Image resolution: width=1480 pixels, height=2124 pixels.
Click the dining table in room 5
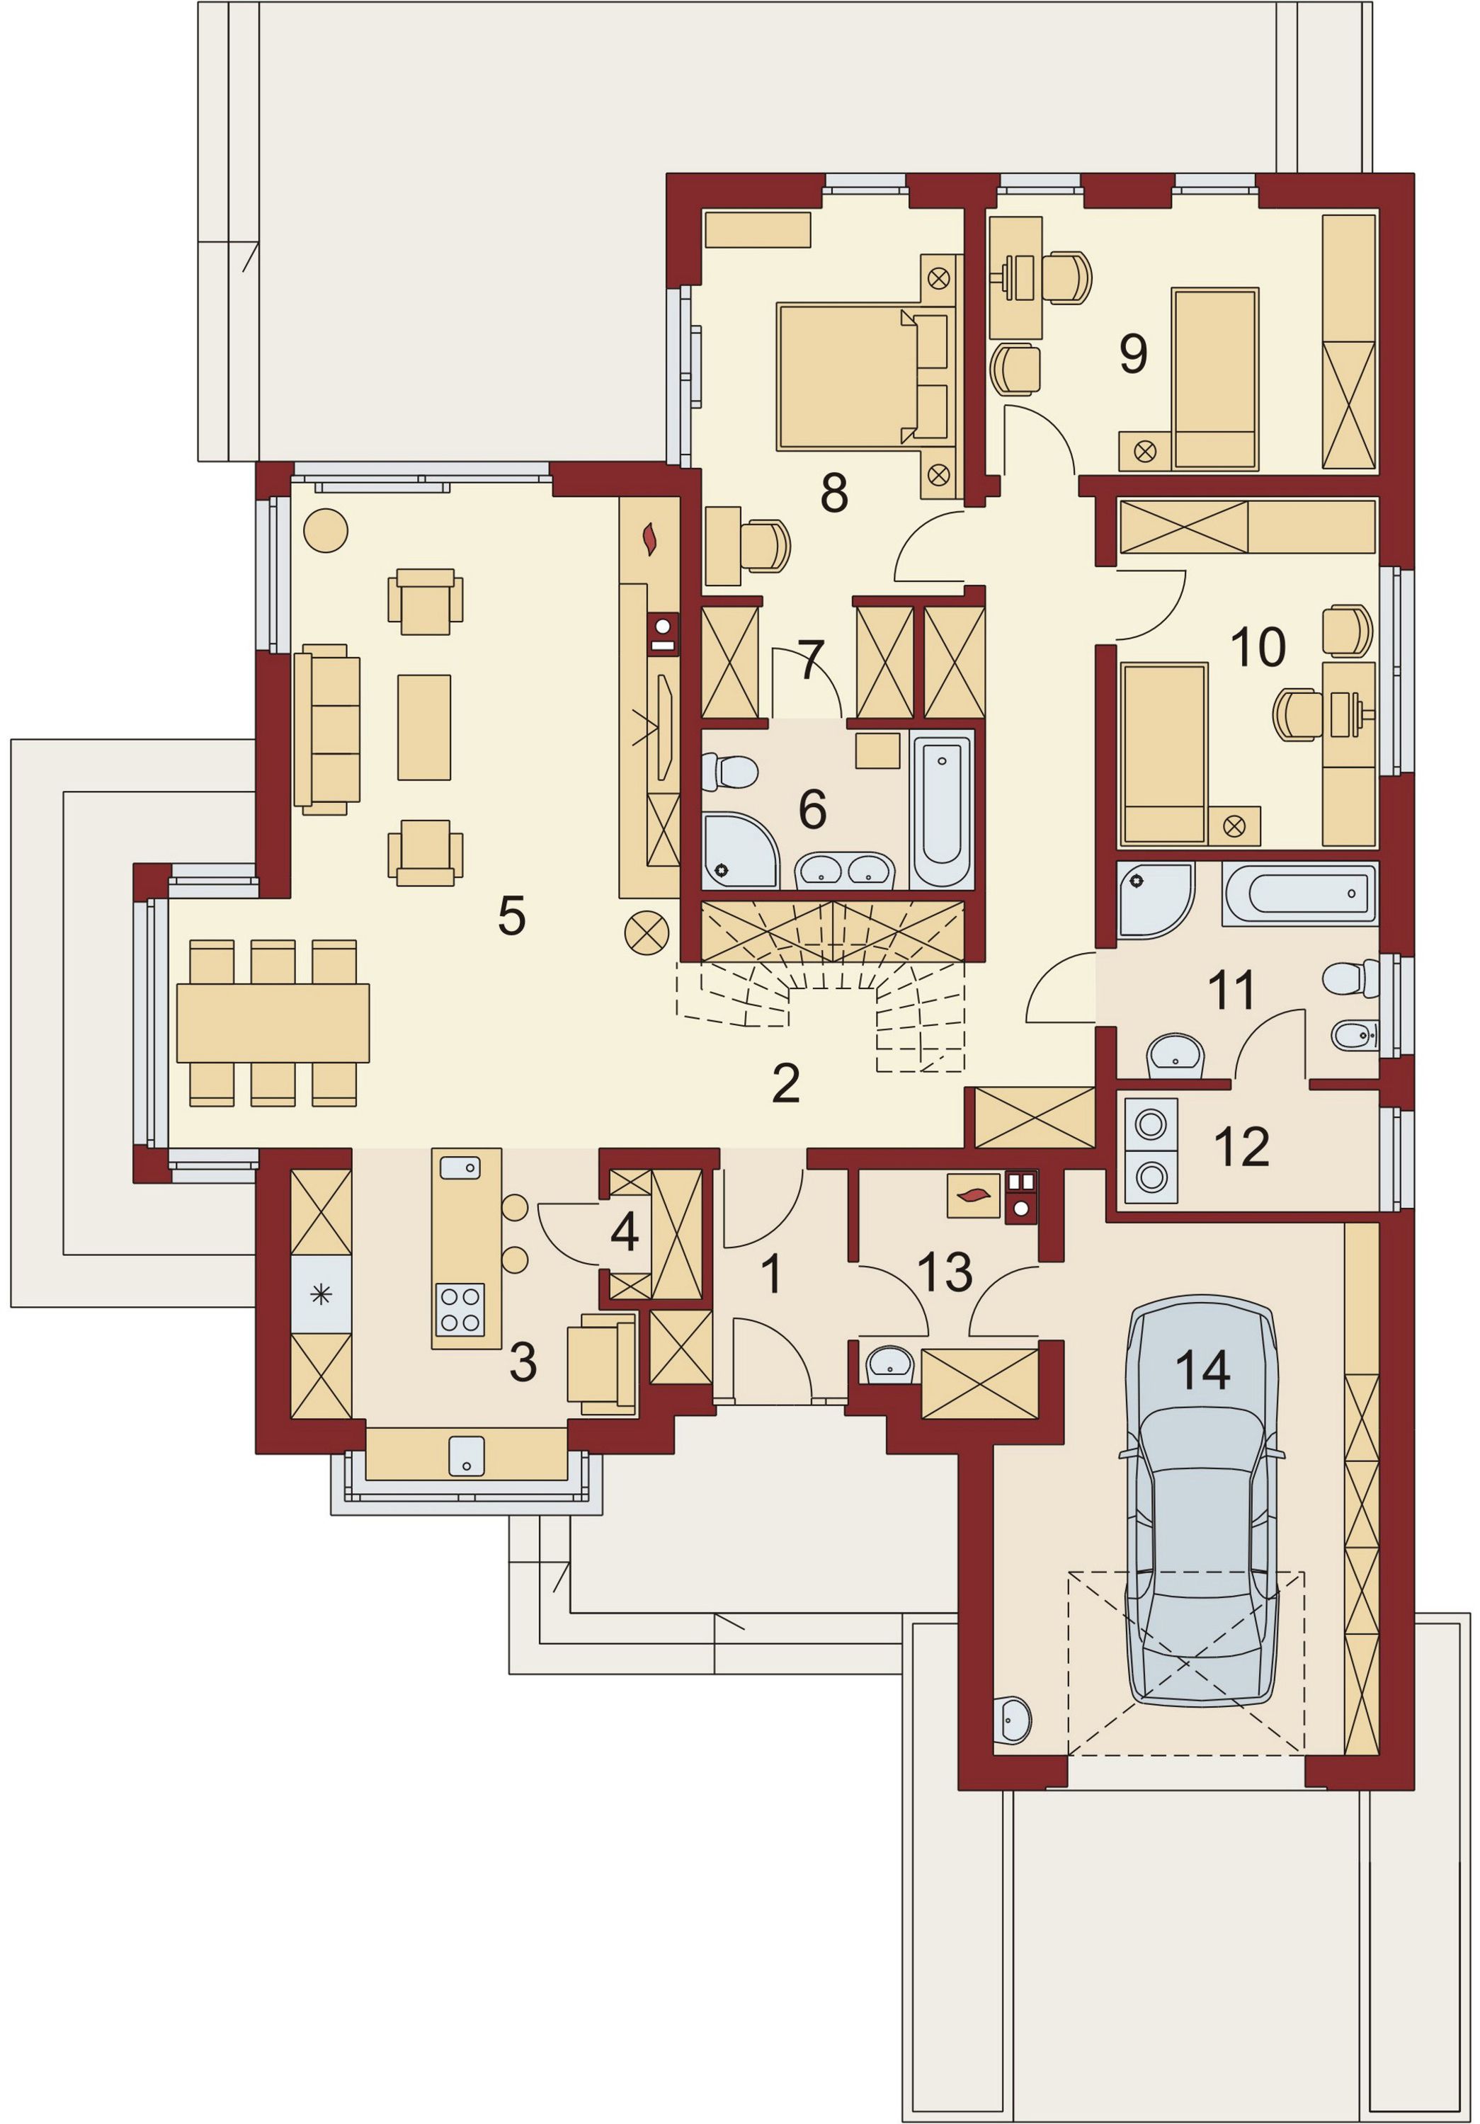(273, 1022)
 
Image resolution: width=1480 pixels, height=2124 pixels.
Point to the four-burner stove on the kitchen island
(460, 1309)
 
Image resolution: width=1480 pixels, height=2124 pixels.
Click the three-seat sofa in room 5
(326, 730)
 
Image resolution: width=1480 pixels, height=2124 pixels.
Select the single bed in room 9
(1214, 379)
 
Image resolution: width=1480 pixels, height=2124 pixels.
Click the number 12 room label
(1241, 1147)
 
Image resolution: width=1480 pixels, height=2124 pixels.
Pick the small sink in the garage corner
(1012, 1720)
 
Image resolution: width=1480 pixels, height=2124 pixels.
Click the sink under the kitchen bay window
(466, 1455)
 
